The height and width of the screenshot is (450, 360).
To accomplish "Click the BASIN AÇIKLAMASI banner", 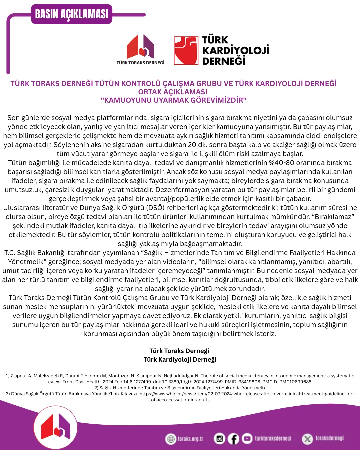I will coord(71,14).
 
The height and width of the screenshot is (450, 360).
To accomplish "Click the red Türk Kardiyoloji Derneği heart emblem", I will coord(186,50).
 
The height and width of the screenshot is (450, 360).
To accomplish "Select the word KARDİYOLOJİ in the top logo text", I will coord(235,50).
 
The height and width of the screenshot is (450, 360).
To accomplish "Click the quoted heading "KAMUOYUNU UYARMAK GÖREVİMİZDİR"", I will coord(173,100).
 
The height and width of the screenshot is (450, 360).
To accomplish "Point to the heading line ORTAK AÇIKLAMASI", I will coord(173,92).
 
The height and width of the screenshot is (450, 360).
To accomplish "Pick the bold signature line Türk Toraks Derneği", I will coord(179,351).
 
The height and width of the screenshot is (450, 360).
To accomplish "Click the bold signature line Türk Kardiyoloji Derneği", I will coord(180,360).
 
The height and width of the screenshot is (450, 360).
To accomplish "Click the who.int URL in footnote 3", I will coord(247,394).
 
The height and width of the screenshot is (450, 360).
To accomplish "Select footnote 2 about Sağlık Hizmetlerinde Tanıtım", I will coord(180,388).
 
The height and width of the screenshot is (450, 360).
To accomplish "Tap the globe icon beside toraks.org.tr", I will coord(171,439).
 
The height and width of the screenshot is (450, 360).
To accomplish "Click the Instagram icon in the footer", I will coord(219,439).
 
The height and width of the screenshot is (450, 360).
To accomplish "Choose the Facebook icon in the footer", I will coord(233,439).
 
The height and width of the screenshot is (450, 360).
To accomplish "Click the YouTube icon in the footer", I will coord(247,438).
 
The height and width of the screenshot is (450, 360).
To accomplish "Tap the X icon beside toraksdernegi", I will coord(307,439).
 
